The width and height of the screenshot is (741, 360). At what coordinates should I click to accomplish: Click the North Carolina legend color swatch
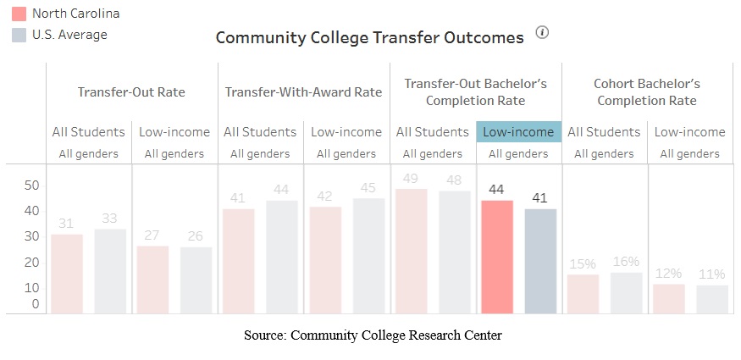(19, 14)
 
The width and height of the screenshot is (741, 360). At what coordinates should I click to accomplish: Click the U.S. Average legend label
(69, 35)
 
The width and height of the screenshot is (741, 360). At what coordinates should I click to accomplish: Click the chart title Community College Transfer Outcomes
(370, 38)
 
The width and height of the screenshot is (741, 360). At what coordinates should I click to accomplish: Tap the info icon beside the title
(543, 33)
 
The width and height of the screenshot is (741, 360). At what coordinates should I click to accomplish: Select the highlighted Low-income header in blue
(519, 131)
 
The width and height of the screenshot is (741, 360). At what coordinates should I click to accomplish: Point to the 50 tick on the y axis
(30, 185)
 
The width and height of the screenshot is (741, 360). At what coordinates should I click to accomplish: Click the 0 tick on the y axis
(35, 303)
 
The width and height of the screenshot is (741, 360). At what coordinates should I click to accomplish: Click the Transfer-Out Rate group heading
(131, 92)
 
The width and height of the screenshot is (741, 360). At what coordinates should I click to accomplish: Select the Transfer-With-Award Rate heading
(303, 92)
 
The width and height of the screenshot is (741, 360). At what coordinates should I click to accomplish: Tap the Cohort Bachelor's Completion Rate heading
(647, 92)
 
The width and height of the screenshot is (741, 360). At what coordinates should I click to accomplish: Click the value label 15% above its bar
(583, 263)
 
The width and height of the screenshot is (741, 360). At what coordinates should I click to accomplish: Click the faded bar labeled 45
(368, 256)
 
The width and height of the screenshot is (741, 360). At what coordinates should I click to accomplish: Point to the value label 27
(152, 235)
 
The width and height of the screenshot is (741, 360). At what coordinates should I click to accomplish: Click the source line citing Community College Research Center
(373, 335)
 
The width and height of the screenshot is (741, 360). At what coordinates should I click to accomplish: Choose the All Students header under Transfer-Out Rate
(88, 131)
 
